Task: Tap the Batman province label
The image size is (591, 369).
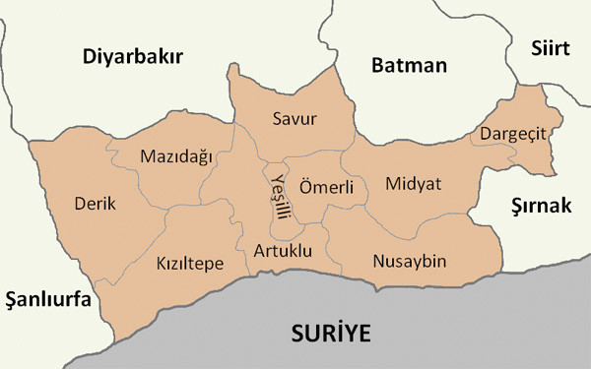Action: [x=409, y=66]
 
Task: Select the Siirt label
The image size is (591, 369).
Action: [x=551, y=47]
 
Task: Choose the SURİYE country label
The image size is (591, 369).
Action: [x=331, y=334]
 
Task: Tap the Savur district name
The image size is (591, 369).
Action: [x=294, y=119]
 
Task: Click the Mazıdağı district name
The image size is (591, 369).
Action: [x=175, y=156]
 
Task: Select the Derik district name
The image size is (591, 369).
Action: [x=95, y=204]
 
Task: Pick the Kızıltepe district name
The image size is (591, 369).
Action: [x=190, y=264]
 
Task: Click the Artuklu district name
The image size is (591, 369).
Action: [x=282, y=251]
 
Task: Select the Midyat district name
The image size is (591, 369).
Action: [x=414, y=184]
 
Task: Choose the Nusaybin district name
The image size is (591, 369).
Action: [x=410, y=262]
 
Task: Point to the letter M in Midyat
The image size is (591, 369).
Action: [x=393, y=184]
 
